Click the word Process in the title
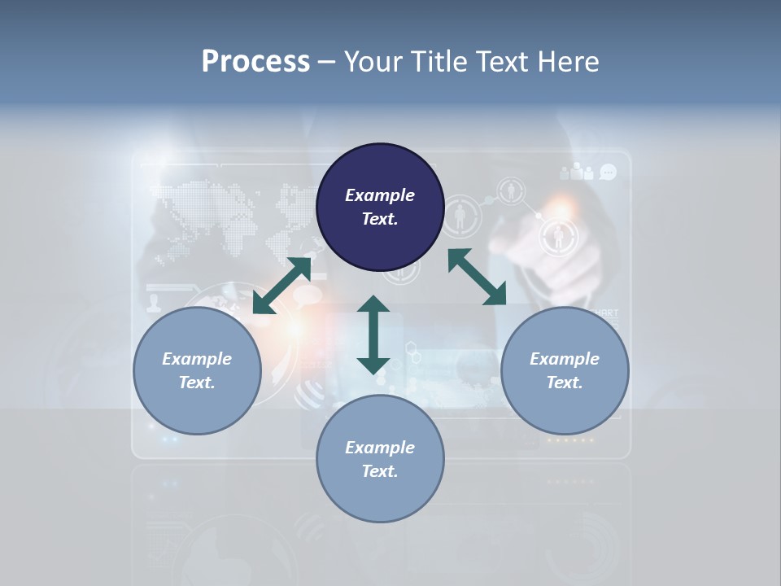click(x=255, y=62)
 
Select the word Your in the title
click(x=371, y=62)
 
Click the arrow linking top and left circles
click(x=282, y=285)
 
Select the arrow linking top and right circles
click(x=477, y=278)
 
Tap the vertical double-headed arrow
click(x=373, y=335)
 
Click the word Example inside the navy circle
click(x=380, y=195)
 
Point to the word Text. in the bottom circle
click(x=380, y=471)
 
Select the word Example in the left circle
click(x=197, y=359)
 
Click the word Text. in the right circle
click(x=565, y=383)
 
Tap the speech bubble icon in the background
click(x=608, y=172)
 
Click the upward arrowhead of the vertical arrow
click(x=373, y=304)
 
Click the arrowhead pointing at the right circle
click(x=495, y=295)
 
